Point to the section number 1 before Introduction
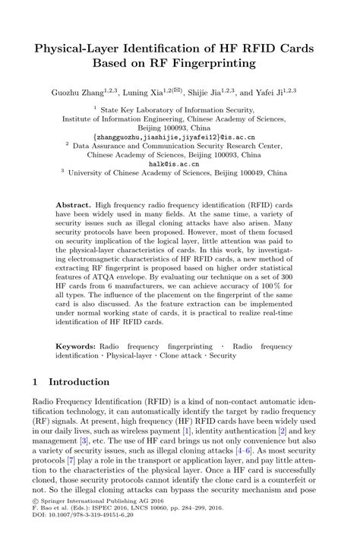coord(36,382)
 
